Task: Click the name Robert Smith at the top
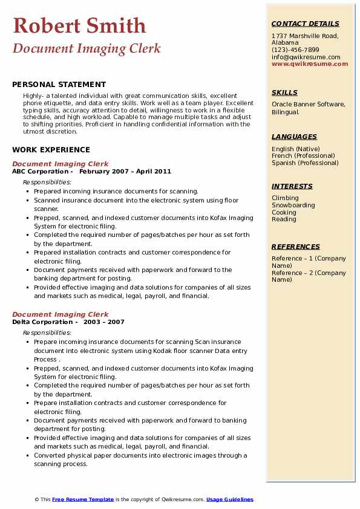click(x=79, y=25)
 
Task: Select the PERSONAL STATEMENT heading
click(x=59, y=85)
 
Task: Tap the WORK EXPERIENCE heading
click(x=51, y=149)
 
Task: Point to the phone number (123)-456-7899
click(x=295, y=50)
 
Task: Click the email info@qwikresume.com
click(x=306, y=57)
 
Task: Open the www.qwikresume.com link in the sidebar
click(x=310, y=63)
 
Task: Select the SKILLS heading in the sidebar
click(x=284, y=92)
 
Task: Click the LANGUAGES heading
click(x=294, y=137)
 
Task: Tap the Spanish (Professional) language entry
click(x=306, y=163)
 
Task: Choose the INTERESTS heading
click(x=292, y=186)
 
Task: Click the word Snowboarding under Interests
click(x=293, y=205)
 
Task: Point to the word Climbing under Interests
click(x=285, y=198)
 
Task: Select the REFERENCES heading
click(x=295, y=247)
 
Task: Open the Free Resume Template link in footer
click(x=83, y=499)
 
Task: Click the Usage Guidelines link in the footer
click(x=230, y=499)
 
